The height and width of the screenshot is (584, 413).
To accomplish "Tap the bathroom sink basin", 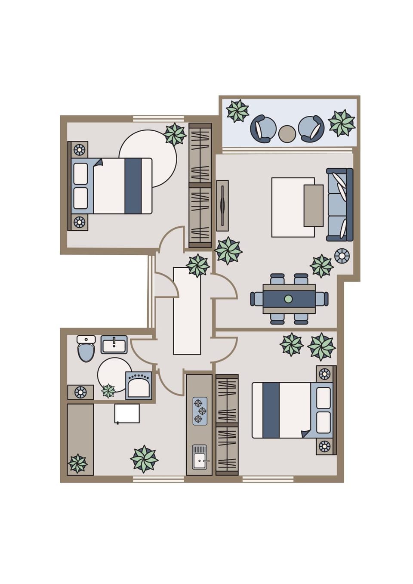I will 114,345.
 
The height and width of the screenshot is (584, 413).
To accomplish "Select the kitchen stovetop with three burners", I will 199,411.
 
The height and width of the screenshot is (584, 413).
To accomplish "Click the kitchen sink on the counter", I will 199,458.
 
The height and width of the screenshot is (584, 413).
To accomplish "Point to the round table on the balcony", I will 287,134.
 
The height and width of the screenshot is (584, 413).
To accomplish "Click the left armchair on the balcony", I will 263,128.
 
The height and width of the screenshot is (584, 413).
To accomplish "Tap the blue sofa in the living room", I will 340,204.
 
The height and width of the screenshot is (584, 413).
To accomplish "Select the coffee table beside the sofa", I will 313,205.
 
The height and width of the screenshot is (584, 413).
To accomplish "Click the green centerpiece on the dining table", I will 288,299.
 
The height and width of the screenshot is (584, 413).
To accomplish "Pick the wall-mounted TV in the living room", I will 222,205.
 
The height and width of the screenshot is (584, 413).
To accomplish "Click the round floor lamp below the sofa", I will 342,256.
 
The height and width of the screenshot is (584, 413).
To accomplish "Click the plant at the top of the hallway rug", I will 197,265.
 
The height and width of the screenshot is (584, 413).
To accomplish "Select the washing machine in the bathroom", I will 139,386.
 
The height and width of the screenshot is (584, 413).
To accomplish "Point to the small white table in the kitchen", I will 127,413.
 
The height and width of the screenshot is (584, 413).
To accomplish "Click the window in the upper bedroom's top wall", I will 158,119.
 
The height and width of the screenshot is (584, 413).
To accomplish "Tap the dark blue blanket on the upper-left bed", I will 133,186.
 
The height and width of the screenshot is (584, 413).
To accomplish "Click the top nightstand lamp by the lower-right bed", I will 325,374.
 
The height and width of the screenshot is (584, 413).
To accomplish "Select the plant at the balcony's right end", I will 342,123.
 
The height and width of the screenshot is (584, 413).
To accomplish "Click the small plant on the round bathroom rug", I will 108,391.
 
